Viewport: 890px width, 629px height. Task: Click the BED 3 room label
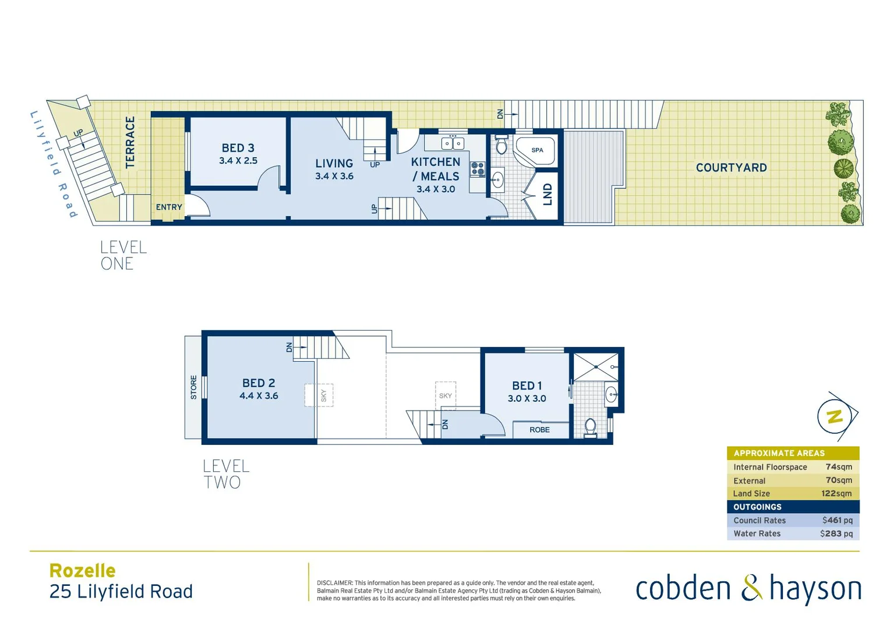(x=238, y=149)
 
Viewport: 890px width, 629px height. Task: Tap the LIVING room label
(x=334, y=164)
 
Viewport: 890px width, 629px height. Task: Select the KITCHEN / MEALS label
(x=436, y=169)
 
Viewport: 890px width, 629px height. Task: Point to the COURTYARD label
(x=731, y=168)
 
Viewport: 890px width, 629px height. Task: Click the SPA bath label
(x=537, y=150)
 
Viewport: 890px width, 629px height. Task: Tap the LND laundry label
(x=548, y=195)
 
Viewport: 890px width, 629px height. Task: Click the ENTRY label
(x=169, y=207)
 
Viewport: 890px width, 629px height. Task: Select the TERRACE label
(x=130, y=142)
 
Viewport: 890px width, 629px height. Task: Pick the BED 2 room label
(x=259, y=383)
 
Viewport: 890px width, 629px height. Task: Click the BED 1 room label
(x=527, y=386)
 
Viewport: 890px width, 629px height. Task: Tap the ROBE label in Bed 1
(x=539, y=430)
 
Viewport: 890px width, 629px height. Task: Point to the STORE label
(x=194, y=387)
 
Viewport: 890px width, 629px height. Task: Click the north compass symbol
(x=835, y=416)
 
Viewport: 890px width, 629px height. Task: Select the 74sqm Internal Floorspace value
(x=839, y=467)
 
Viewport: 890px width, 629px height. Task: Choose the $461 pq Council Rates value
(x=837, y=520)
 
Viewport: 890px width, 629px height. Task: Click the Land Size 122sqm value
(x=836, y=493)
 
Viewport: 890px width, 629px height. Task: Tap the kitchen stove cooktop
(x=478, y=169)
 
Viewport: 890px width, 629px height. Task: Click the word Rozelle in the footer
(x=83, y=571)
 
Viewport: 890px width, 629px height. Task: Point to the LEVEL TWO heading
(x=226, y=474)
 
